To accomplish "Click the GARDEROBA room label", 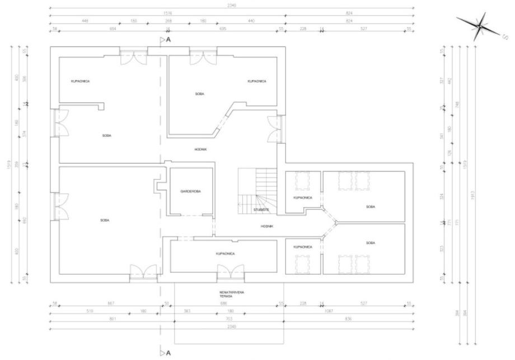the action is click(x=191, y=191).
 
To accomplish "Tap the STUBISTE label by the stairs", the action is click(x=261, y=209).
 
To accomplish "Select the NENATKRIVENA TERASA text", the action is click(x=230, y=294).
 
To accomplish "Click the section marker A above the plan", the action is click(x=167, y=40).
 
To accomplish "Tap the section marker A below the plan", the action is click(x=167, y=353).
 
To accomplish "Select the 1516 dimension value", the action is click(x=167, y=13).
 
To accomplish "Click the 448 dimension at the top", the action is click(x=85, y=20).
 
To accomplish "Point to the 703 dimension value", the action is click(x=230, y=319).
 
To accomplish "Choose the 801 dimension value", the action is click(x=112, y=319).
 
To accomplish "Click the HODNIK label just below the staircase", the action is click(x=267, y=226).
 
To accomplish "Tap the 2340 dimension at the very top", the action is click(x=232, y=5).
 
